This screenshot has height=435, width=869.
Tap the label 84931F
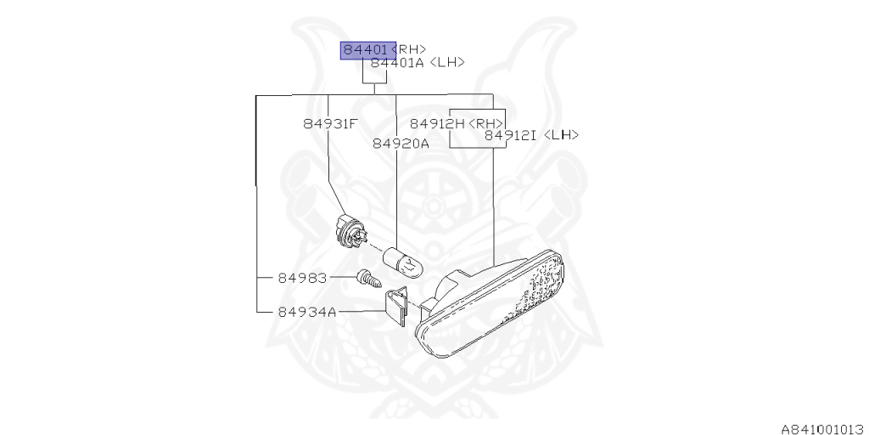coord(330,123)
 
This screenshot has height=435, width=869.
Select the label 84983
coord(300,278)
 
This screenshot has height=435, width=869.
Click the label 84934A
coord(306,312)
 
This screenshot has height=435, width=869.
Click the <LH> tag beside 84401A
coord(447,63)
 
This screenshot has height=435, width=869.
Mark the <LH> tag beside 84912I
coord(560,135)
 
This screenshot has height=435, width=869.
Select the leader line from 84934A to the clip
coord(361,312)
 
